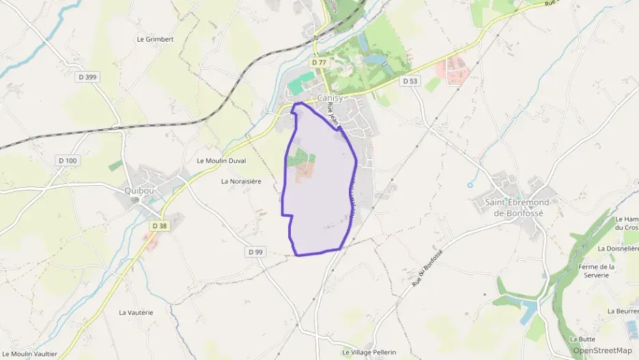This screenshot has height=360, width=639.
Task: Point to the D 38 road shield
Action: pos(159,225)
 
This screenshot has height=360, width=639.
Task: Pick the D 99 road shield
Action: pos(255,252)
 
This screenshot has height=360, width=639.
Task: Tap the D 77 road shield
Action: pos(319,62)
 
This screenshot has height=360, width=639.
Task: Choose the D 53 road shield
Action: pos(410,81)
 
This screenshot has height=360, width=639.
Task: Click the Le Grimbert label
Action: pos(155,39)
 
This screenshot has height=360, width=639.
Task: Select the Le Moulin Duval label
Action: pos(221,161)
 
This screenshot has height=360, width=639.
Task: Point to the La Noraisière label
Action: pos(242,181)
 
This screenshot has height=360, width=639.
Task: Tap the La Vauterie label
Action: pos(136,312)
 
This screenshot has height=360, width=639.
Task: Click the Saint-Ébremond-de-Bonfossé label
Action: pos(514,208)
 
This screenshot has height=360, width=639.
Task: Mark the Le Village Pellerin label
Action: pos(369,352)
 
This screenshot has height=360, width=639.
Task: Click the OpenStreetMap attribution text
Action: pos(602,350)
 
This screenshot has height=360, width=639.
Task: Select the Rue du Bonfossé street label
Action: pos(428,269)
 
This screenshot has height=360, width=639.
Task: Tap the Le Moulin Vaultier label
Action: pos(29,354)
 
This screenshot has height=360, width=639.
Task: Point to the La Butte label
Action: pos(582,339)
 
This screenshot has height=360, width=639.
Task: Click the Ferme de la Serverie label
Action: pos(596,271)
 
